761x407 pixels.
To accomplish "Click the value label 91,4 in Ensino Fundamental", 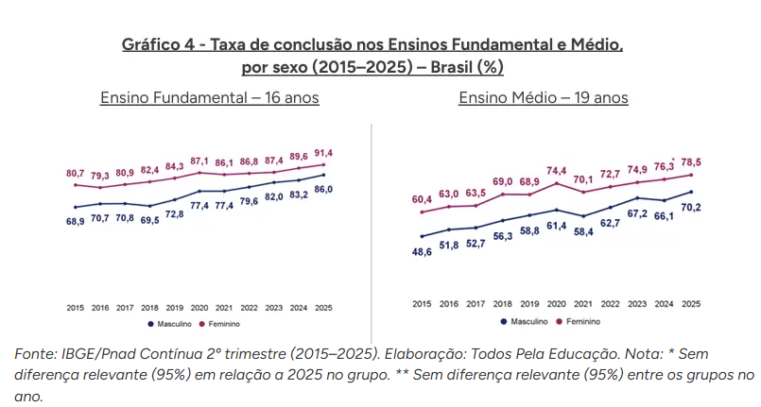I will coord(323,153).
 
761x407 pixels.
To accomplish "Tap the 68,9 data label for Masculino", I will coord(76,221).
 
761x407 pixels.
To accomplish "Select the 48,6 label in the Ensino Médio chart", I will coord(422,253).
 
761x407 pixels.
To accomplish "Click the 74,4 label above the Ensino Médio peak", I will coord(557,170).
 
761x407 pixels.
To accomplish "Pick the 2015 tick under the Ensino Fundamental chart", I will coord(76,308).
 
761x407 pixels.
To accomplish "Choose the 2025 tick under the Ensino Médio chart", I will coord(691,303).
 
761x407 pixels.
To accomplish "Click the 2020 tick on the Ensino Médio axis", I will coord(557,303).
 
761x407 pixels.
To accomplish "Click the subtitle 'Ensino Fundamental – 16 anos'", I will coord(210,98).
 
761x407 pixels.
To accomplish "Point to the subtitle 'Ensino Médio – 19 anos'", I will coord(544,98).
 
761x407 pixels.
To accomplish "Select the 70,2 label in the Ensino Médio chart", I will coord(691,208).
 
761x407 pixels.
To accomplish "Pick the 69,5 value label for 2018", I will coord(149,219).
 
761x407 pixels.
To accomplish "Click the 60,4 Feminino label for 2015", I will coord(422,199).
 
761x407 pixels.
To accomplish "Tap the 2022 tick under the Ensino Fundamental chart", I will coord(249,308).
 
